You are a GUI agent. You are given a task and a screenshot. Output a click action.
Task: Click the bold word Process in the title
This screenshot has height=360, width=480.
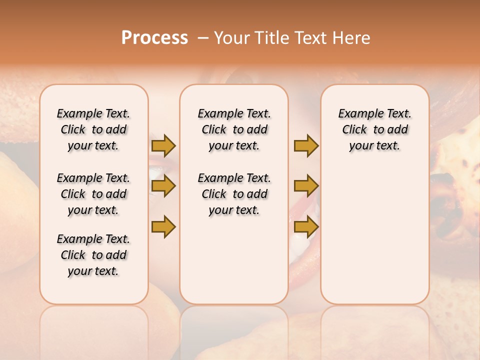[x=154, y=37]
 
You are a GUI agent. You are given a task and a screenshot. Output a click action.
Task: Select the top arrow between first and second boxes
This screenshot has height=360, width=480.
[x=163, y=145]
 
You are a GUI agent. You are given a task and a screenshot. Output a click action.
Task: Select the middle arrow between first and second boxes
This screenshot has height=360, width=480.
[x=163, y=186]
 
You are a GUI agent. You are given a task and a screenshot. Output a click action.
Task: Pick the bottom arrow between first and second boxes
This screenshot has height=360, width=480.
[x=163, y=226]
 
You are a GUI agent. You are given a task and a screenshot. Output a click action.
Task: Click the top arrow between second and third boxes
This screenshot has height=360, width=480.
[x=306, y=145]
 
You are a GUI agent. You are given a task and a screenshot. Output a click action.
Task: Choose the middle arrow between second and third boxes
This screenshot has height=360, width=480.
[x=306, y=186]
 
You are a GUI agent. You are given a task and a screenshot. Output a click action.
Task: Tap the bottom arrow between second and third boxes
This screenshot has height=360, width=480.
[x=306, y=226]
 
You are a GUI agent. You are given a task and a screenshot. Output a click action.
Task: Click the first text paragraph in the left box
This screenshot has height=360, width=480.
[x=93, y=129]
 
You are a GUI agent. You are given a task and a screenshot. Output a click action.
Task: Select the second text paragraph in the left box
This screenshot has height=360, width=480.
[x=93, y=194]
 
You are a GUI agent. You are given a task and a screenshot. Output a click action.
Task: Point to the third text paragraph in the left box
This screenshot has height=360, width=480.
[x=93, y=255]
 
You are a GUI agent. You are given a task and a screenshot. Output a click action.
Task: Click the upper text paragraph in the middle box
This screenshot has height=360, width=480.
[x=234, y=129]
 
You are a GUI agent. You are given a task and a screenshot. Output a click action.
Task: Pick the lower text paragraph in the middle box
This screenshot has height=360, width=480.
[x=234, y=194]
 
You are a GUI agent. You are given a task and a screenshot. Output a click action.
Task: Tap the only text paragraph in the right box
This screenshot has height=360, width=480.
[x=375, y=129]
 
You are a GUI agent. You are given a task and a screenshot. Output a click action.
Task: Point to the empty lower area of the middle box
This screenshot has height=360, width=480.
[x=234, y=260]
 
